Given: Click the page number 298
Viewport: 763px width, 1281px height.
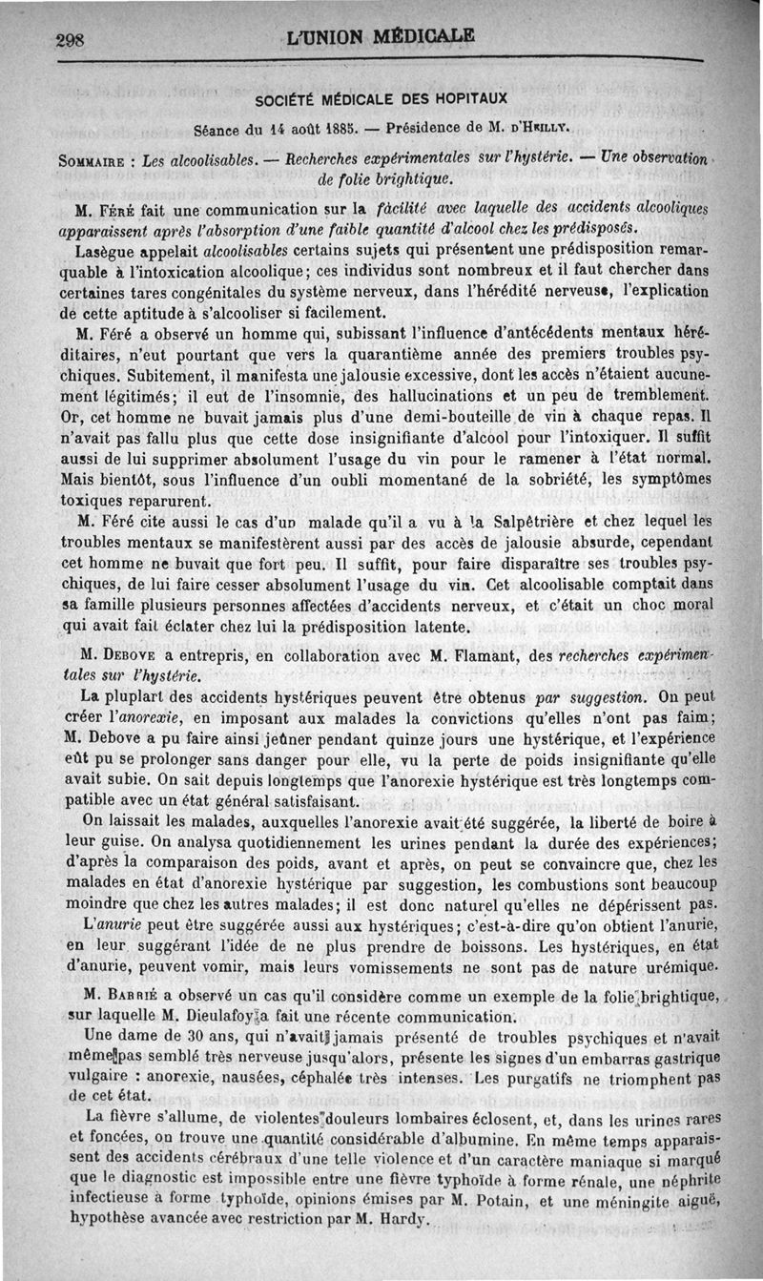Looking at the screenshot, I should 72,40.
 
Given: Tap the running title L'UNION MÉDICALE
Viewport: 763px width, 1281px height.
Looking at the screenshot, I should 380,37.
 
